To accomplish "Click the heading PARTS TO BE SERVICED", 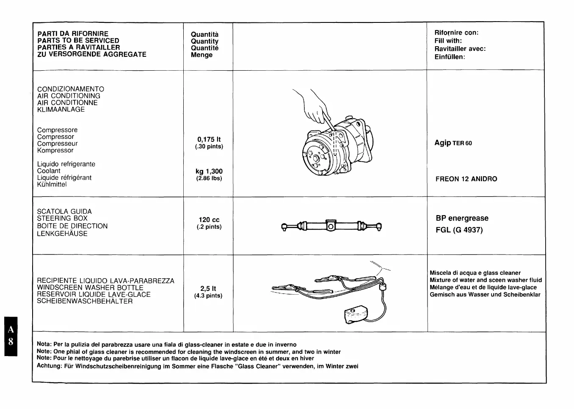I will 78,41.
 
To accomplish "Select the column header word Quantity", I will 204,41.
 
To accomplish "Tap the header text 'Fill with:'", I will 448,41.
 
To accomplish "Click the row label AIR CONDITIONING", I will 69,96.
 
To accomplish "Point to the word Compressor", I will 55,137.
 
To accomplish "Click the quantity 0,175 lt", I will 209,139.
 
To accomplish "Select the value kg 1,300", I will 209,171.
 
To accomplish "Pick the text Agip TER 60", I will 453,143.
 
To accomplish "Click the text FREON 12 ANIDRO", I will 466,179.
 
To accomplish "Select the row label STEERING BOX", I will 62,218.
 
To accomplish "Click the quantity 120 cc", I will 209,220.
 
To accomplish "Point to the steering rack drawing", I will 331,227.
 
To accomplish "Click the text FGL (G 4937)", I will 459,230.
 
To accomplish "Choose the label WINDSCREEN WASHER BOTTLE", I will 90,287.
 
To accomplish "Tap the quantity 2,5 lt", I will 208,289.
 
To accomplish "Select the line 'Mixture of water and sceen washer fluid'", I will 486,280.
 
